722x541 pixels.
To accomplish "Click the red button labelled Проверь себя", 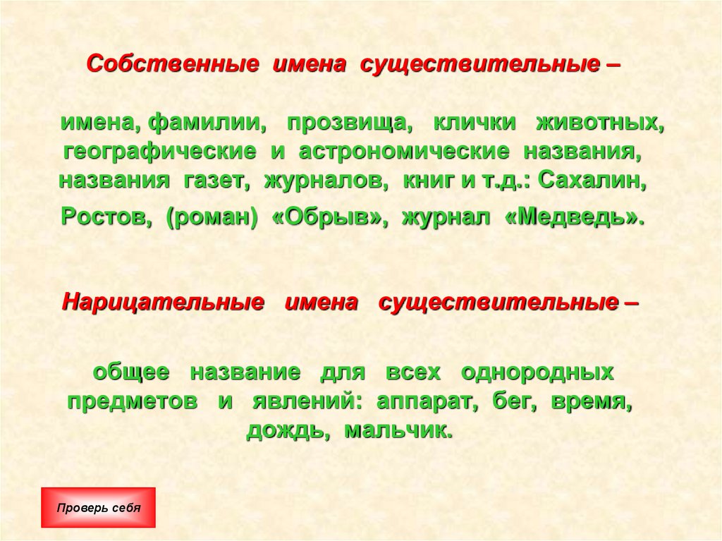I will (99, 507).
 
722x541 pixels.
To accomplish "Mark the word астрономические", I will (403, 152).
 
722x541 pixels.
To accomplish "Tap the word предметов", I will (133, 401).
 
